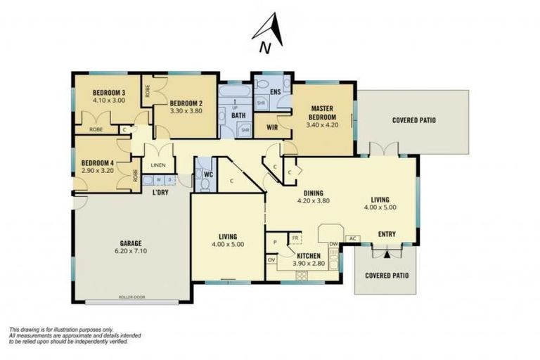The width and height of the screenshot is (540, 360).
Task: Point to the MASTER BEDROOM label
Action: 322,112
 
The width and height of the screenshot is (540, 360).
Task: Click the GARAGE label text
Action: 127,243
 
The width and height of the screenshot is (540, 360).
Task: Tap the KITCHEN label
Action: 309,255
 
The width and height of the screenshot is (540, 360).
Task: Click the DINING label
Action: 313,192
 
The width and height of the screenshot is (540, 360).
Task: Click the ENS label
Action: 276,91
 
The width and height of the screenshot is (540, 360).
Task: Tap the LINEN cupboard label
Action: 158,165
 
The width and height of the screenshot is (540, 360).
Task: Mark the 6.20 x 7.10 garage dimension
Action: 127,251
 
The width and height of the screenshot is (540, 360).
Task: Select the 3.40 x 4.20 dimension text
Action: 322,125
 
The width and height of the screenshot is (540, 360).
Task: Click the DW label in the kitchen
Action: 333,244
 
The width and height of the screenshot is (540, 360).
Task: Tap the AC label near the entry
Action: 352,238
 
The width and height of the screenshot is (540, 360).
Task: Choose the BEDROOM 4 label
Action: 98,162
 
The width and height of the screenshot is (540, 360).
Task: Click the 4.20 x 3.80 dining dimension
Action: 313,200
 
